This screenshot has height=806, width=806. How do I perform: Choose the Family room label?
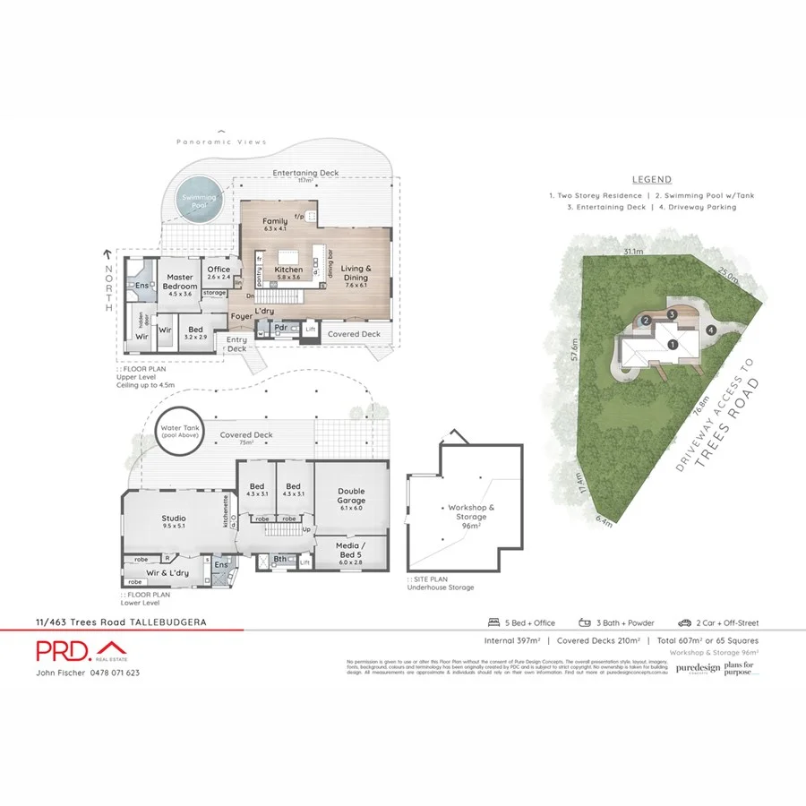click(x=275, y=224)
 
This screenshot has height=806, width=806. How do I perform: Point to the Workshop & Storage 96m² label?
click(x=467, y=517)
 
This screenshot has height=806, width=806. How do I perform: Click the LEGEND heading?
click(x=651, y=180)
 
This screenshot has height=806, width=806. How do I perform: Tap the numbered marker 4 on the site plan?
click(x=710, y=330)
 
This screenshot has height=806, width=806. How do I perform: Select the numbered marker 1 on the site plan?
click(x=672, y=345)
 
